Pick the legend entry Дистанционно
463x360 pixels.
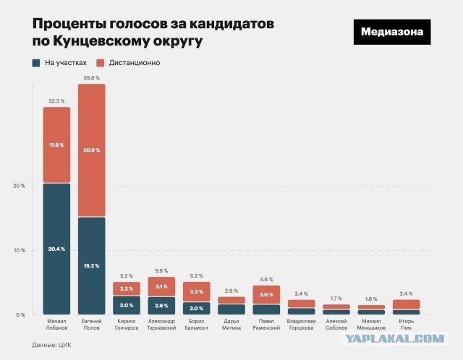click(131, 63)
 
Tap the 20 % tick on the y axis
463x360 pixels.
click(19, 186)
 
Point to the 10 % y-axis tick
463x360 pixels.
click(19, 250)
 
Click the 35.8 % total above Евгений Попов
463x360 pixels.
click(91, 77)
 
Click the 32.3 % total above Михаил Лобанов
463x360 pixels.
click(56, 100)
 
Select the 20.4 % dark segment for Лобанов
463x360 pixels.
click(56, 249)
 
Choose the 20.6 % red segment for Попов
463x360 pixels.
click(91, 150)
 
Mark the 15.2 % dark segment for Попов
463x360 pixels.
click(91, 265)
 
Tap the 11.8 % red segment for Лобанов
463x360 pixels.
click(56, 145)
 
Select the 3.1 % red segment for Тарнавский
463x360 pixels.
click(161, 287)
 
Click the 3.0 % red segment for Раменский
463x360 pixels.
click(266, 295)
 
